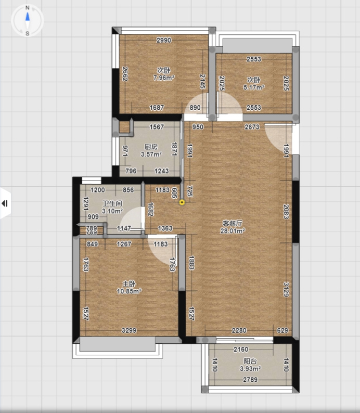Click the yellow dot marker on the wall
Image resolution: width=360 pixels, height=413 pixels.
pos(182,202)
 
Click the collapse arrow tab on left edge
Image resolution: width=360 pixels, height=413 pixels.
pos(5,203)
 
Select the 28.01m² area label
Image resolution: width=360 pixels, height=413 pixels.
pos(233,231)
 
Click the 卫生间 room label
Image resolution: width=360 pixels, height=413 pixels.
pos(112,203)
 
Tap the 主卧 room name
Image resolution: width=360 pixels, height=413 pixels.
pos(129,283)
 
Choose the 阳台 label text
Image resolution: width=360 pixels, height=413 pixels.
pos(250,361)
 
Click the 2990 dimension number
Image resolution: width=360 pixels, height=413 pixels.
pos(164,40)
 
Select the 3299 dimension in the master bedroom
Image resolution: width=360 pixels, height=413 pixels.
pos(129,330)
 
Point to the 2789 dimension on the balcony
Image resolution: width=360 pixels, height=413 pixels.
pos(250,380)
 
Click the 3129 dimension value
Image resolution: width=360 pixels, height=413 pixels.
pos(286,289)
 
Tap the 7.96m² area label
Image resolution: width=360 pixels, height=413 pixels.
pos(164,78)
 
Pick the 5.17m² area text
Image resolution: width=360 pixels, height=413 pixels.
pos(254,87)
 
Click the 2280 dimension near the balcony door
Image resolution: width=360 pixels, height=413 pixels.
pos(239,330)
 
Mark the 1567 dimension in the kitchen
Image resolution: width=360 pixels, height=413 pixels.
pos(157,127)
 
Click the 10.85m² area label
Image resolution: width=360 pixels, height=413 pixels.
pos(129,291)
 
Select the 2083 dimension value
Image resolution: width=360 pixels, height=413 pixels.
pos(286,212)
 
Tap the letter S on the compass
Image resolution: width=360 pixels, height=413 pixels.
pos(28,33)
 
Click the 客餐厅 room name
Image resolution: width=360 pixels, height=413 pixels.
pos(233,223)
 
